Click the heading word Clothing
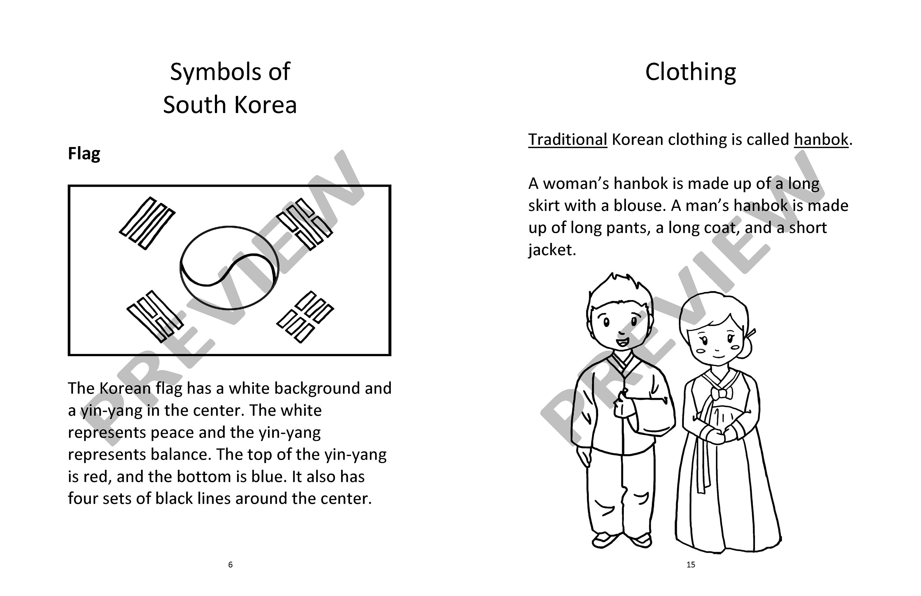click(x=690, y=72)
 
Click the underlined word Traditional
click(x=567, y=140)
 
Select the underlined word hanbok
click(x=821, y=140)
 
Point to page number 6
click(x=230, y=565)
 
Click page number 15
click(x=691, y=565)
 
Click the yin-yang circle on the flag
click(x=229, y=268)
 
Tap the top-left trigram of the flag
click(x=147, y=223)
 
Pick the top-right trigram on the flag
click(x=305, y=223)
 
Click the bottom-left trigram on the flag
click(x=154, y=317)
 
